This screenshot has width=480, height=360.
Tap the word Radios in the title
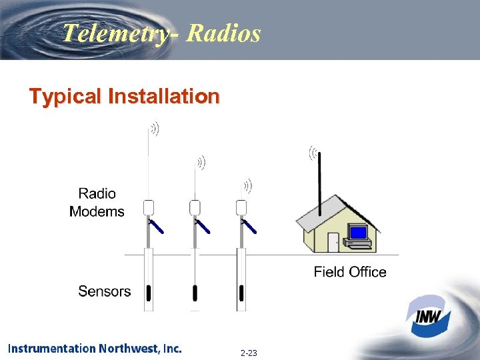click(224, 33)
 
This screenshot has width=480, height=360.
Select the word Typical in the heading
click(65, 97)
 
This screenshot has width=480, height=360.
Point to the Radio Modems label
click(97, 203)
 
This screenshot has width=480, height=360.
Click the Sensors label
click(104, 291)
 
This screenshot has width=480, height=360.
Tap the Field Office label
click(350, 271)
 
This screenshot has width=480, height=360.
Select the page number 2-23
click(249, 353)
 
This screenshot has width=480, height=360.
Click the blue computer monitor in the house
click(359, 233)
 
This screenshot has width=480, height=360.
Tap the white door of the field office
click(333, 242)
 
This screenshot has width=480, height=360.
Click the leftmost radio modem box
click(149, 207)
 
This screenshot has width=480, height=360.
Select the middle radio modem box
click(195, 207)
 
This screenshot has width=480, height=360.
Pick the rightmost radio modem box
click(241, 207)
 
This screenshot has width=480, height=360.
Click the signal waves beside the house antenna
click(312, 153)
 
